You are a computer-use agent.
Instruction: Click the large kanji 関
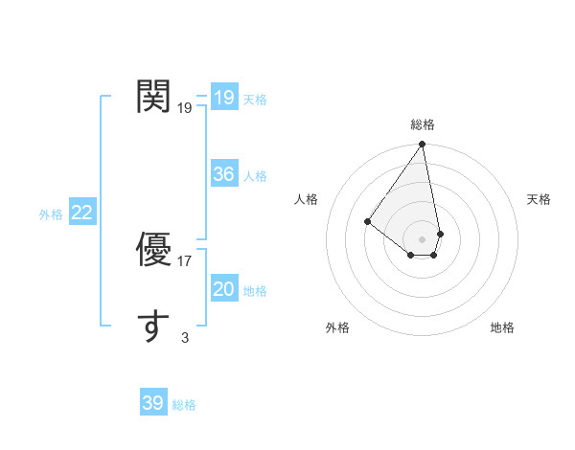(154, 97)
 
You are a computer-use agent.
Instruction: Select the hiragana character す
(154, 326)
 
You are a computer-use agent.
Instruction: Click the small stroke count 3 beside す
(185, 337)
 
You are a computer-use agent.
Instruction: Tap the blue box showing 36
(224, 174)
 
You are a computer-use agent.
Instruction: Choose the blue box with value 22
(82, 213)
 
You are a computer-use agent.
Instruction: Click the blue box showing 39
(153, 403)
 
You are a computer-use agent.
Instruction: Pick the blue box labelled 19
(224, 98)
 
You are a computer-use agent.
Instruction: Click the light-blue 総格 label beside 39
(184, 405)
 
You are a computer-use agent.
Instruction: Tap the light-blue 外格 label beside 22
(51, 214)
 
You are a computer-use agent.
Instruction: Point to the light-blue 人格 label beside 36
(255, 176)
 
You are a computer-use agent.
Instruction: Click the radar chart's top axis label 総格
(423, 124)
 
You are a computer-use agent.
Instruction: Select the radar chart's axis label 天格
(539, 199)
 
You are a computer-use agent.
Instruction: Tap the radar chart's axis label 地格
(502, 327)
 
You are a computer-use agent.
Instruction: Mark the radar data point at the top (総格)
(423, 145)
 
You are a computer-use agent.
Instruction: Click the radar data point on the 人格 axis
(368, 221)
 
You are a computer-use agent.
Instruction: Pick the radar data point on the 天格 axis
(440, 234)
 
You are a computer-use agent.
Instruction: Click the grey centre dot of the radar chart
(423, 239)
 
